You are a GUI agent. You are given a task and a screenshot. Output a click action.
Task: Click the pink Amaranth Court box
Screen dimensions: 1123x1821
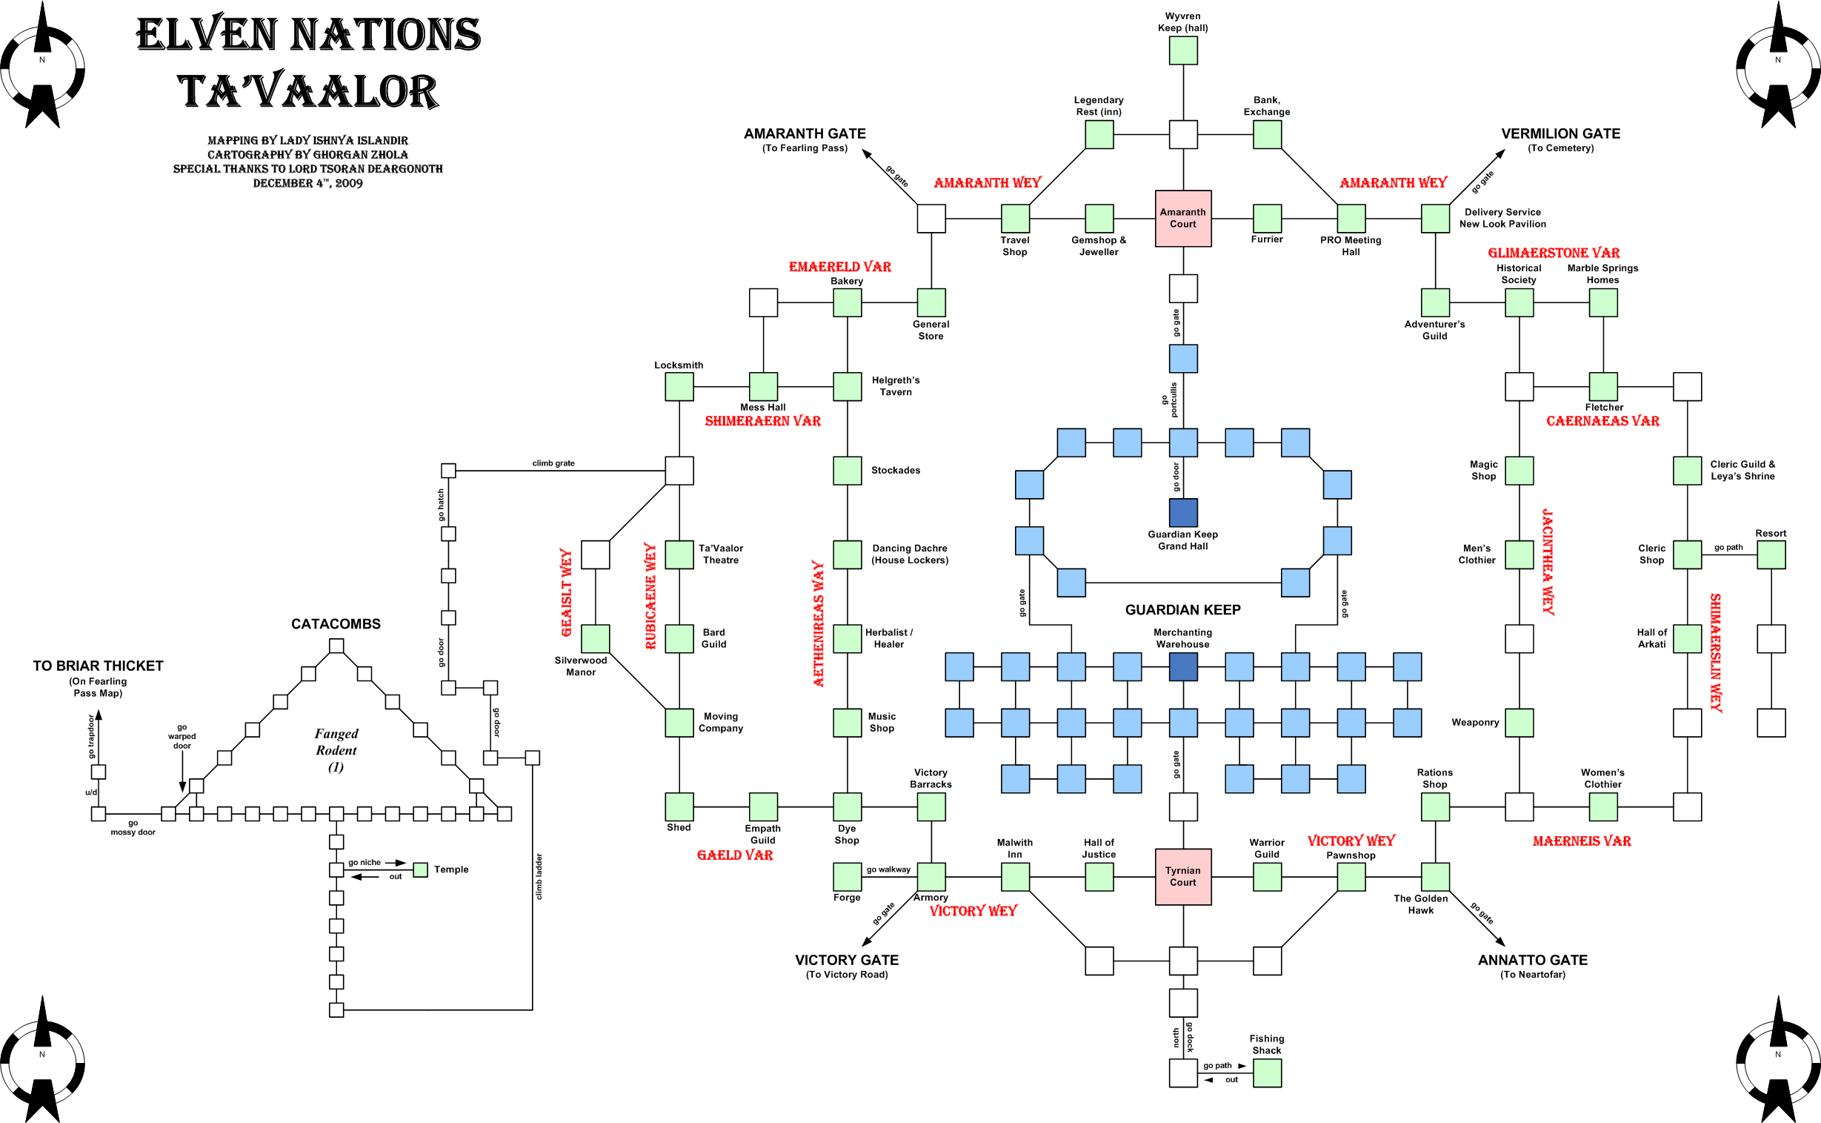click(x=1182, y=219)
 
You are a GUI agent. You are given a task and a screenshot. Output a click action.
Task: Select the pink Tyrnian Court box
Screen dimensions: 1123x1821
click(x=1182, y=876)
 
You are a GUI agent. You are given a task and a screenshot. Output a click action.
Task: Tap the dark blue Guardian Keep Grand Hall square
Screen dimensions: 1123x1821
click(x=1182, y=512)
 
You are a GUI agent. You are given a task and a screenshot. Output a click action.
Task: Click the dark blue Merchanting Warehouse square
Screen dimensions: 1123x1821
click(x=1182, y=666)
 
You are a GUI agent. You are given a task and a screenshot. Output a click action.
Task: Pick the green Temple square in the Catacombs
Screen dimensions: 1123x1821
click(x=420, y=869)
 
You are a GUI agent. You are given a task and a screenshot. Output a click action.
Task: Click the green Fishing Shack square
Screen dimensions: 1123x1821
click(x=1266, y=1073)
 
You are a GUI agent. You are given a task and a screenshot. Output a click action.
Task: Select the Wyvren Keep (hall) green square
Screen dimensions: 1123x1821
click(x=1182, y=50)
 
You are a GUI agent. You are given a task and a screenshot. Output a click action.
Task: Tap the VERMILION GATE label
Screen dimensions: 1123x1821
click(x=1560, y=133)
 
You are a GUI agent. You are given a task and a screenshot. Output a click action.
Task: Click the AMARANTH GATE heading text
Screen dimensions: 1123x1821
click(x=805, y=133)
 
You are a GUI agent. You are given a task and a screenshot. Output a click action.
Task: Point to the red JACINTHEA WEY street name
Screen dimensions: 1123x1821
click(x=1548, y=562)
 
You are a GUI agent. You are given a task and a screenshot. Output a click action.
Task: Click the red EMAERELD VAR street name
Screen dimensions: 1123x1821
click(x=839, y=266)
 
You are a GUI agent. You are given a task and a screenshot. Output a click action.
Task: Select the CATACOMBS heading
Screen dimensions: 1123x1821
click(x=336, y=624)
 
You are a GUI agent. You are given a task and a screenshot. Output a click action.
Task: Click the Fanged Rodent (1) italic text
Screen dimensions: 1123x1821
click(x=336, y=749)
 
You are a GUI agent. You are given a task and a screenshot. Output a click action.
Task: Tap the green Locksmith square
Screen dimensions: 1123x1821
click(x=679, y=386)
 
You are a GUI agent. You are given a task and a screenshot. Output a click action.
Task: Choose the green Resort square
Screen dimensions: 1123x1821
click(x=1771, y=554)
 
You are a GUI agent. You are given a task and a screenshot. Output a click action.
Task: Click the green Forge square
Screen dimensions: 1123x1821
click(x=847, y=876)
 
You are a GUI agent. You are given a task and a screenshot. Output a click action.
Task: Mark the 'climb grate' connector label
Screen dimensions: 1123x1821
click(x=553, y=463)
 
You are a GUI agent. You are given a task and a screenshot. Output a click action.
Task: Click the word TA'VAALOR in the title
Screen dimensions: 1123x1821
click(x=307, y=91)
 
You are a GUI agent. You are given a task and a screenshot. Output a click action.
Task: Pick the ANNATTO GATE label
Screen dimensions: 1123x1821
click(x=1532, y=960)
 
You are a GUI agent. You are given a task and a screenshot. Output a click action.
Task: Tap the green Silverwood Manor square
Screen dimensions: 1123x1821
click(x=595, y=639)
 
